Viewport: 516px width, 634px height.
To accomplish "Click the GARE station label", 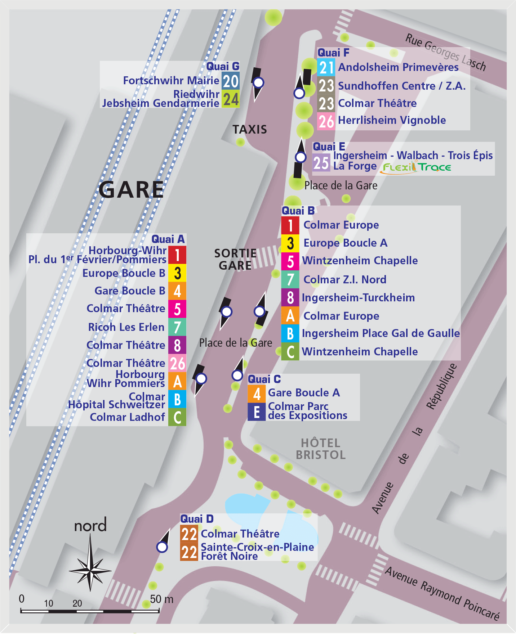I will [131, 190].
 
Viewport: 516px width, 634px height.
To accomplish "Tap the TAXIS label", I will [249, 130].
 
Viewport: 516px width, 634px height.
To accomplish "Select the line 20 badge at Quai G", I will [231, 81].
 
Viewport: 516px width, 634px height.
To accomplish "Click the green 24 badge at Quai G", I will [231, 99].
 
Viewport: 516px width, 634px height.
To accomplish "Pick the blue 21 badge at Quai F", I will [326, 67].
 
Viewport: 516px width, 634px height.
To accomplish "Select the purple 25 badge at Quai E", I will [321, 163].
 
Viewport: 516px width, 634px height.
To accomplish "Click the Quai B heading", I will [298, 211].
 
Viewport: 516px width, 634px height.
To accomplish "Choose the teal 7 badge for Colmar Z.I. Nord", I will [290, 280].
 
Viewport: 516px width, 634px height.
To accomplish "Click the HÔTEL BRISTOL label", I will [320, 449].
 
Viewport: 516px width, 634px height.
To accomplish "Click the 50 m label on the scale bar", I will [161, 599].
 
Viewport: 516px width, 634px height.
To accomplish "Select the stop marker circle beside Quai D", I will [162, 547].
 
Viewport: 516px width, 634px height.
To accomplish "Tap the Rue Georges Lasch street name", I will [445, 53].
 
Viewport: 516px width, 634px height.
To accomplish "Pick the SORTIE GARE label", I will [235, 260].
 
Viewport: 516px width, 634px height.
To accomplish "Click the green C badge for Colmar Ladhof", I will [177, 417].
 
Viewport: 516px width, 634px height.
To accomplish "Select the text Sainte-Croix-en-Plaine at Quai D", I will [257, 547].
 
